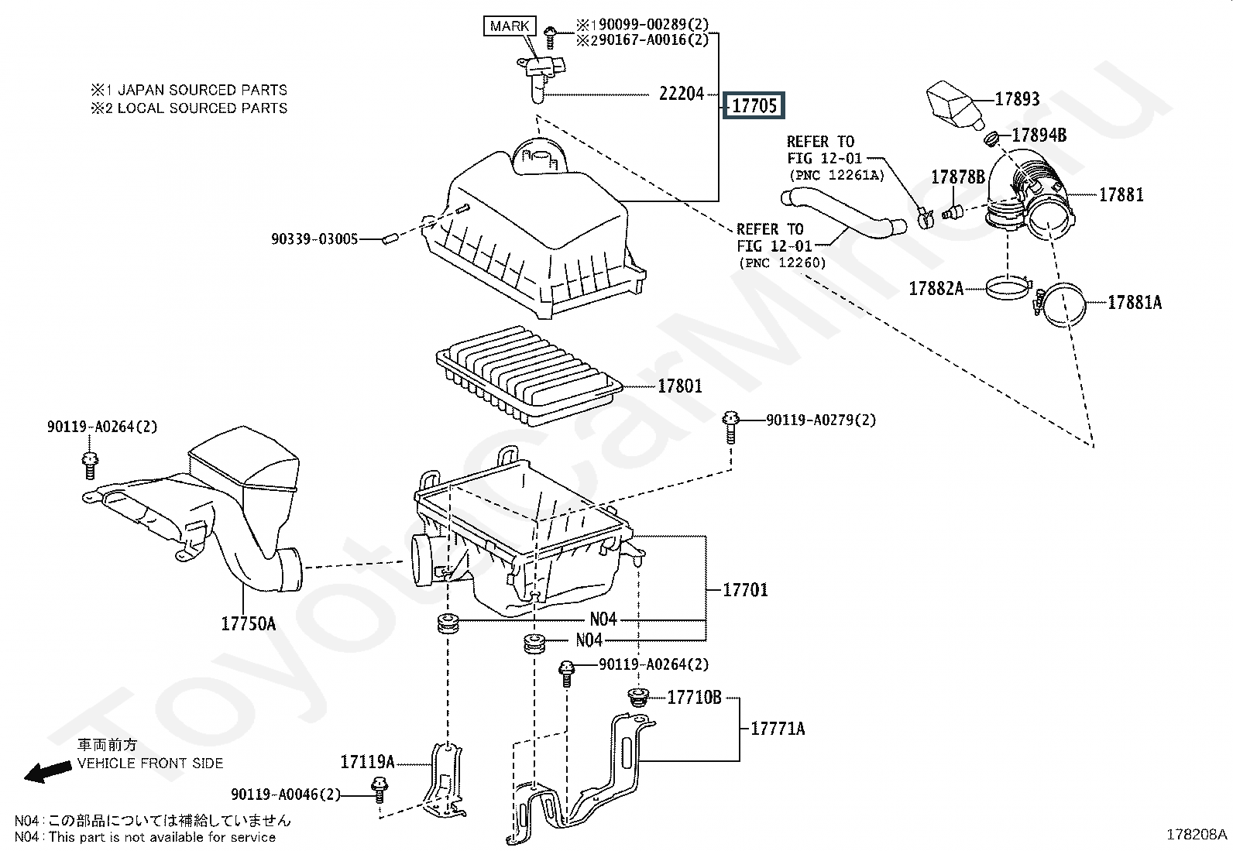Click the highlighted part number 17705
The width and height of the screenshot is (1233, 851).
(754, 105)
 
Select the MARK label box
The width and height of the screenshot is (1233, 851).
(509, 26)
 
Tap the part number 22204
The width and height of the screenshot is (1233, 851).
(682, 94)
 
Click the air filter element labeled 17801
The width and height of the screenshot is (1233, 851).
(528, 376)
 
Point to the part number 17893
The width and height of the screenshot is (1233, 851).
(1017, 99)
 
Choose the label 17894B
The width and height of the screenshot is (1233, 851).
(1039, 135)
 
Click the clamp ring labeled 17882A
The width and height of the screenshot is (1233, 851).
(1008, 287)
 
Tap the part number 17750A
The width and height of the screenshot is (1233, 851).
(249, 623)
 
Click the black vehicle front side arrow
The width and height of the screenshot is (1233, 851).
(47, 772)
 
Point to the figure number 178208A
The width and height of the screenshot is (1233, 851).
(1197, 835)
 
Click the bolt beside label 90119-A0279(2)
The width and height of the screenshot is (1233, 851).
(730, 427)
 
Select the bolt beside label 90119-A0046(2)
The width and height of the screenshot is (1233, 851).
(380, 790)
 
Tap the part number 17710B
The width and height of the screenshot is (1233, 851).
(694, 698)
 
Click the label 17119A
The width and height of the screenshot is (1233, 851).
(367, 762)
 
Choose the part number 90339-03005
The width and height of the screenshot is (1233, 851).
(314, 239)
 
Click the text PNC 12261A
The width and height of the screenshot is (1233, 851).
(836, 175)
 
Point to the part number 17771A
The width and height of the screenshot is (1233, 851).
(778, 729)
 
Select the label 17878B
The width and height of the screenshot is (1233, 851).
(958, 177)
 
